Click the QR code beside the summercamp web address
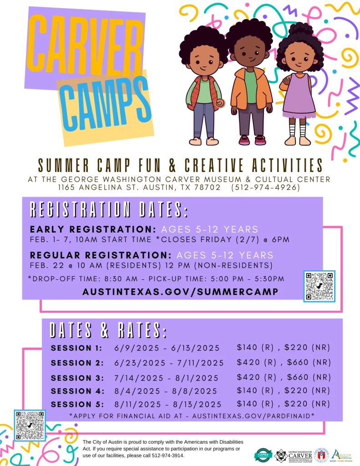tap(319, 286)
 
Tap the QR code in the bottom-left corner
tap(30, 425)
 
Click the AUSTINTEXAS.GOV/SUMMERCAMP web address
tap(180, 292)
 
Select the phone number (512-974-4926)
tap(265, 187)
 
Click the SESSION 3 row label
tap(77, 378)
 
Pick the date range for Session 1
tap(167, 348)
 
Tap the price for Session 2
tap(283, 363)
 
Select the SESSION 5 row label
tap(77, 404)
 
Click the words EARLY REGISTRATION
tap(93, 229)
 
